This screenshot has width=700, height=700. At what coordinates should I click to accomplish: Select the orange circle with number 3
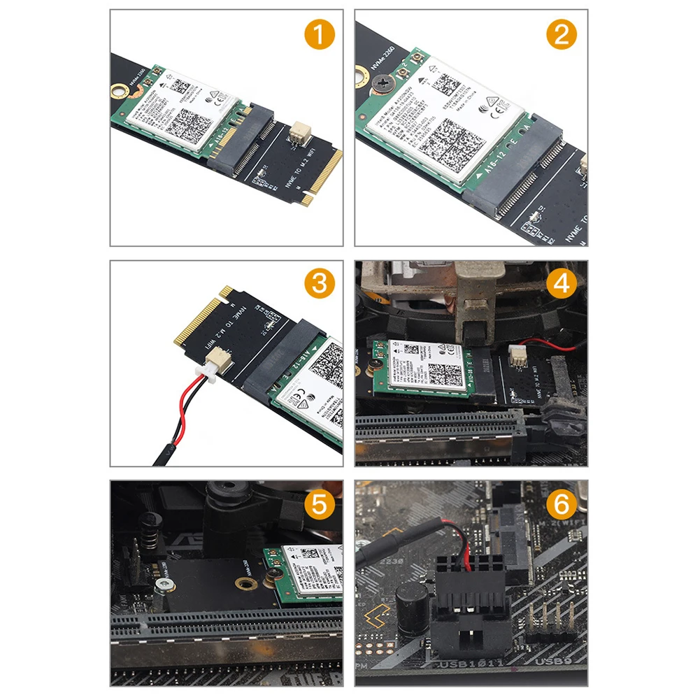(319, 284)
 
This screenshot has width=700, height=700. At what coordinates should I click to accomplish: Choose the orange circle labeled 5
(319, 503)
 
